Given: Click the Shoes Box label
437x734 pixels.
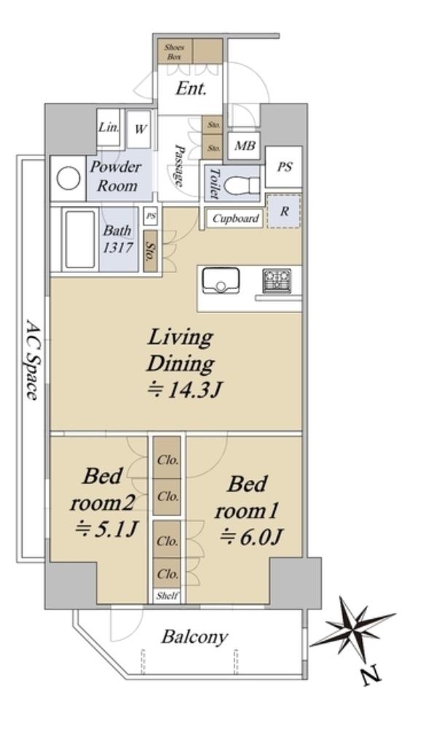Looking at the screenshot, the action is point(174,52).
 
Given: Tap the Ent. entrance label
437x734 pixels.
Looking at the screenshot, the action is point(191,89).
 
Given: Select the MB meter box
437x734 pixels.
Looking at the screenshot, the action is point(245,146).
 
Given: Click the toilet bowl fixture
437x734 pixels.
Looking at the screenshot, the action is point(241,186).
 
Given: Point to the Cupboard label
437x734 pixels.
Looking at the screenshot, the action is point(235,218).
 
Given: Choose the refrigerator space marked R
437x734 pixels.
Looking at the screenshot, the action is point(284,211).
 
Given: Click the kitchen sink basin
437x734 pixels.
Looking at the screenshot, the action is point(220,280).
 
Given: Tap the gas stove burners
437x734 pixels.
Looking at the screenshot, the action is point(277,280).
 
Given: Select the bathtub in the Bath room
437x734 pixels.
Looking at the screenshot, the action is point(79,240).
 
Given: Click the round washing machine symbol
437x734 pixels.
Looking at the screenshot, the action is point(68,179).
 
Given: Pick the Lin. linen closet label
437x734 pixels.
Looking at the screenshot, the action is point(109,127).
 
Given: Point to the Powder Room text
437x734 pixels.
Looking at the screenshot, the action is point(115,176).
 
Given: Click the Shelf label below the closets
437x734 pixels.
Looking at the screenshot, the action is point(168,596).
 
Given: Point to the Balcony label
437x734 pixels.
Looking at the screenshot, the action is point(194,637).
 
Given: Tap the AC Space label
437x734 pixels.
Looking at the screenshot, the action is point(32,360).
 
